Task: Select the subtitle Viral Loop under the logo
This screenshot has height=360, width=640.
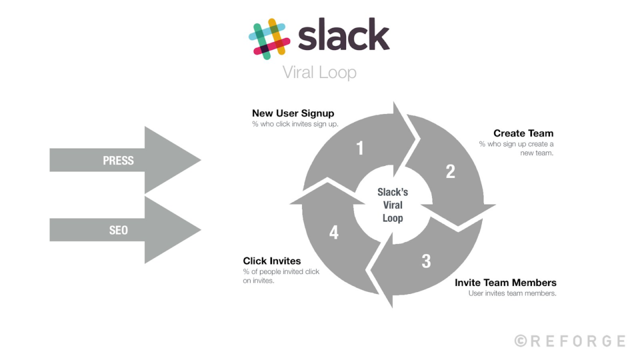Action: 319,72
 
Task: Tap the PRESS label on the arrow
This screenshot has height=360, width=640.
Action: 118,160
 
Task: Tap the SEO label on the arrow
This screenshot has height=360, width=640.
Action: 118,230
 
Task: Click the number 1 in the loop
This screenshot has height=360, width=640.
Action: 359,148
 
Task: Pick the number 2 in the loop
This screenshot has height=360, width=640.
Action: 450,171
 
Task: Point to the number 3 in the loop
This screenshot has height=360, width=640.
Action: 426,261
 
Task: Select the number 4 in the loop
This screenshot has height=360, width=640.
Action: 333,232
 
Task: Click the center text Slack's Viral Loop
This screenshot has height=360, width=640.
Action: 392,205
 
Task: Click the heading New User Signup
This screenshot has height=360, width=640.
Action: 293,113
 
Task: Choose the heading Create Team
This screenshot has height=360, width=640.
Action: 523,133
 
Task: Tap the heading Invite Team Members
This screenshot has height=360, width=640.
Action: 505,283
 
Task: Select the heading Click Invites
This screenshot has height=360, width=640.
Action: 272,261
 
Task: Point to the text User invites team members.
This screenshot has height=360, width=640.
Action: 512,293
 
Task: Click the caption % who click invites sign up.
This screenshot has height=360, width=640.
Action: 295,124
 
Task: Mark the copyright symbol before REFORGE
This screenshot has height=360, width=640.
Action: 520,341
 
